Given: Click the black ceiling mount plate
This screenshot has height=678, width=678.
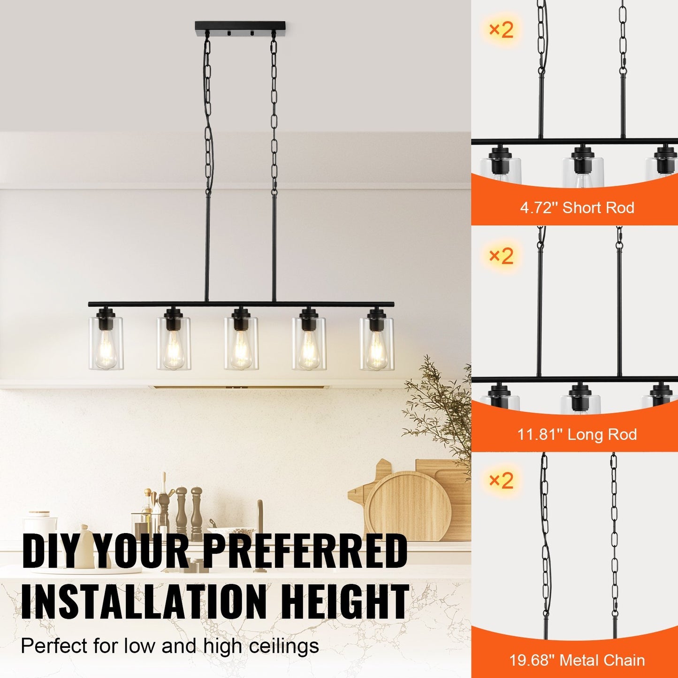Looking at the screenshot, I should (x=240, y=30).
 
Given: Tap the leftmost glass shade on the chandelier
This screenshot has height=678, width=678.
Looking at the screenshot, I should (x=106, y=343).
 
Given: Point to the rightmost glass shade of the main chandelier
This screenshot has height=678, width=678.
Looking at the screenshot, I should (x=377, y=343).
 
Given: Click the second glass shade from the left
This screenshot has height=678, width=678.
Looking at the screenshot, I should (x=174, y=343).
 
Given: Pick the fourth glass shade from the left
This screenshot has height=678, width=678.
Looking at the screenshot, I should (x=309, y=343).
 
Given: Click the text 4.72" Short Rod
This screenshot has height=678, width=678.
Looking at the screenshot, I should (x=577, y=207).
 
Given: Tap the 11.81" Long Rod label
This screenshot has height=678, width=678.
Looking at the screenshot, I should (x=577, y=434).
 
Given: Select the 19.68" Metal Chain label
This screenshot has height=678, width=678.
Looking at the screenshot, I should (x=577, y=661).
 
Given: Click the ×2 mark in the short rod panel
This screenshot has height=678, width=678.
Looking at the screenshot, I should (x=501, y=30).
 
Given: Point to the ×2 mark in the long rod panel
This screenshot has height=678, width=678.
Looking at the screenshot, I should (x=501, y=256).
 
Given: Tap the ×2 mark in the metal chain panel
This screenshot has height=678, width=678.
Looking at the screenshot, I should (x=501, y=480).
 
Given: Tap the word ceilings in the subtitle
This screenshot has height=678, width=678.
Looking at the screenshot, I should (x=284, y=646).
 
